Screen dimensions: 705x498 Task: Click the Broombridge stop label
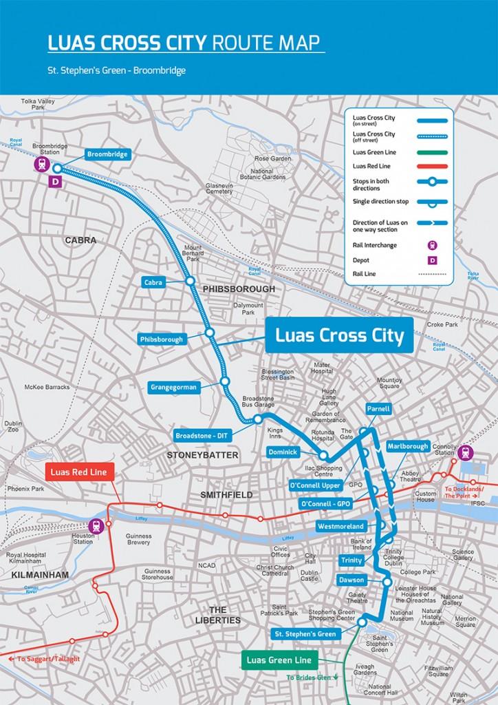click(x=108, y=154)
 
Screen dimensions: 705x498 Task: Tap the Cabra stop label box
click(x=153, y=282)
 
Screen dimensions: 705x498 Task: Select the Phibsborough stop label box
click(x=162, y=339)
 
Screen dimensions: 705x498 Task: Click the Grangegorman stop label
click(x=173, y=387)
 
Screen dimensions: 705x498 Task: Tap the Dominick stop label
click(x=283, y=452)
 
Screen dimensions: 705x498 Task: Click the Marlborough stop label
click(x=408, y=446)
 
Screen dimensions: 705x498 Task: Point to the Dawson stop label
click(x=351, y=580)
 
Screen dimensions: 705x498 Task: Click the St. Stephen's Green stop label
click(x=305, y=633)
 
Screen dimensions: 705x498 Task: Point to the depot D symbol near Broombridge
click(x=56, y=182)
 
